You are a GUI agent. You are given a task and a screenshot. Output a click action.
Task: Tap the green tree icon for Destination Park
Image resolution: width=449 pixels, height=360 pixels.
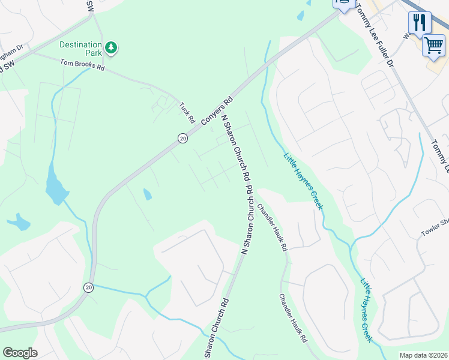(110, 47)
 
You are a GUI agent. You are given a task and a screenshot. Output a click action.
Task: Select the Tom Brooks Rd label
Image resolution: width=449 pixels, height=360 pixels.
(82, 65)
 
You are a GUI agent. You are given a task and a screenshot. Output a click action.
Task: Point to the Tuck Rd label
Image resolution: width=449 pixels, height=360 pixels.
(187, 113)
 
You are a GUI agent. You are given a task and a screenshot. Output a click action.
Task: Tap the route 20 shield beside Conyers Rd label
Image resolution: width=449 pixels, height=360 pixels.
(182, 139)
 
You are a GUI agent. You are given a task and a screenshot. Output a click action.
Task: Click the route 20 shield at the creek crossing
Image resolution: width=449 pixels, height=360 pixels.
(88, 287)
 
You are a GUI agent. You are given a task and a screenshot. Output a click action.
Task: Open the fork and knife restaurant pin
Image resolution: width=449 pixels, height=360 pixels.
(420, 23)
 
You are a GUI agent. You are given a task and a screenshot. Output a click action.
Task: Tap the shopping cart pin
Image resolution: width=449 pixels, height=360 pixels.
(433, 45)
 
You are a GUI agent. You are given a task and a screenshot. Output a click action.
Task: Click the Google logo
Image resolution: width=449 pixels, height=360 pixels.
(20, 353)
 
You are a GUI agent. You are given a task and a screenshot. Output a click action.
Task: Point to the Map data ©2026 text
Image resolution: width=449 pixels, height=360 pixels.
(423, 355)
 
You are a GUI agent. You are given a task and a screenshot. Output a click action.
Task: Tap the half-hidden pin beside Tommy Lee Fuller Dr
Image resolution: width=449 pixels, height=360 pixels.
(343, 5)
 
